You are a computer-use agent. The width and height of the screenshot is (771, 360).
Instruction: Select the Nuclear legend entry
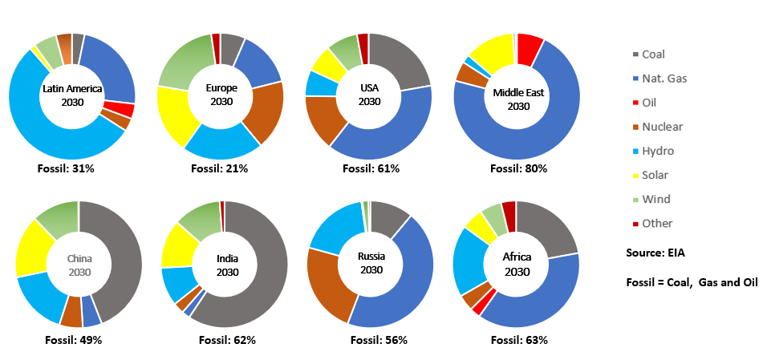(663, 127)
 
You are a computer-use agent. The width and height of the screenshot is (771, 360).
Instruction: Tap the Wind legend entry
(656, 199)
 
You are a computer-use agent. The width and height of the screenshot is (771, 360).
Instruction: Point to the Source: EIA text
(655, 253)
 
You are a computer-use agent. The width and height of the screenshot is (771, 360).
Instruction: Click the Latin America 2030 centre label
(72, 95)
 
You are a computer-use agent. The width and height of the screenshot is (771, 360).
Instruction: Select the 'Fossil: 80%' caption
(519, 168)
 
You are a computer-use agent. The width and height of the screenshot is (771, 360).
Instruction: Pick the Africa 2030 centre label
(517, 264)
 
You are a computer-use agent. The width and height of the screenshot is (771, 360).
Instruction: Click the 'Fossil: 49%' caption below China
(77, 340)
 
